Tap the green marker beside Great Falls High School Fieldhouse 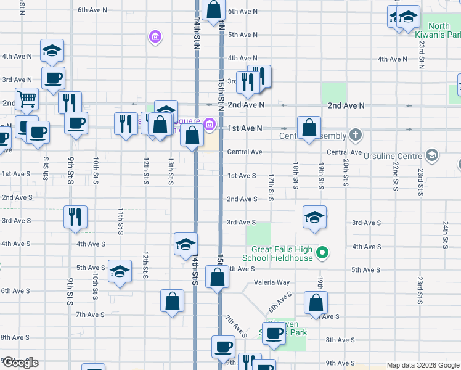point(322,252)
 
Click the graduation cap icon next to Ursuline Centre point(432,155)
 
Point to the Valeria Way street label point(272,282)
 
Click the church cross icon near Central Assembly point(355,134)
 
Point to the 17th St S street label point(271,187)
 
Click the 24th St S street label point(444,235)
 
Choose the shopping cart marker point(27,99)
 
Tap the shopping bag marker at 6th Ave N point(213,10)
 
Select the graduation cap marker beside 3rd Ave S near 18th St point(314,216)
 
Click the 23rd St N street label point(420,54)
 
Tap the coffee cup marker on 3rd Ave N point(52,78)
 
